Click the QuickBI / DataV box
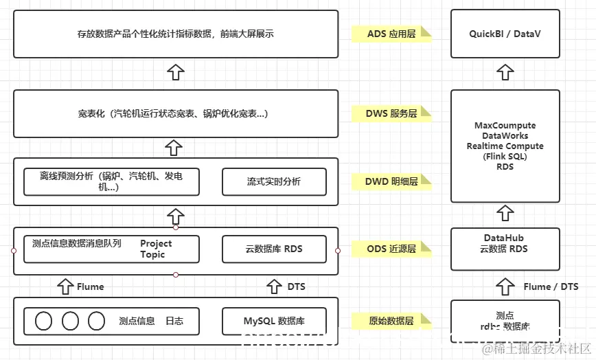505,34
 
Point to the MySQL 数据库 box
274,321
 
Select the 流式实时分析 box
274,181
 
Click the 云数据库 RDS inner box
274,249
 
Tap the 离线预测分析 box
111,181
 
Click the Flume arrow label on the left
90,286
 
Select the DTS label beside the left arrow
297,286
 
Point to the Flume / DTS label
551,286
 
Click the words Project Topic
155,249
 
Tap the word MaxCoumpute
505,126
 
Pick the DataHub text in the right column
505,238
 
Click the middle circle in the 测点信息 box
70,321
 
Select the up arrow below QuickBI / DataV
505,71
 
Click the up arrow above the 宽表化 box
176,71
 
